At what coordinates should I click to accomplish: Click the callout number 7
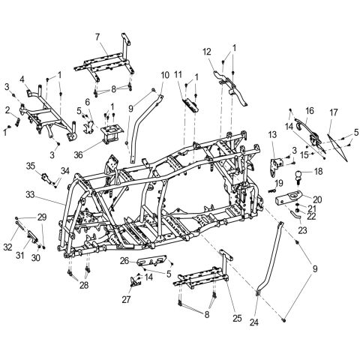pyautogui.click(x=97, y=37)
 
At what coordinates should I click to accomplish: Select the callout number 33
pyautogui.click(x=30, y=195)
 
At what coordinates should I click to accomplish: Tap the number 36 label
pyautogui.click(x=78, y=155)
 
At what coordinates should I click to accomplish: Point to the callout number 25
pyautogui.click(x=237, y=318)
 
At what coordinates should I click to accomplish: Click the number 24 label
pyautogui.click(x=253, y=322)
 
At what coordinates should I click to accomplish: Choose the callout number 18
pyautogui.click(x=318, y=172)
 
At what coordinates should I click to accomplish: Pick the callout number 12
pyautogui.click(x=207, y=52)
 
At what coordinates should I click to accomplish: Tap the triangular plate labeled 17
pyautogui.click(x=338, y=147)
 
